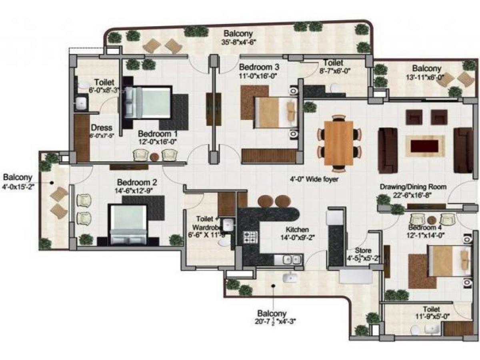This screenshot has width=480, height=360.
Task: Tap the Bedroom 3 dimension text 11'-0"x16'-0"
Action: pyautogui.click(x=258, y=75)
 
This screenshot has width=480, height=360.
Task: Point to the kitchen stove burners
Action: pyautogui.click(x=250, y=236)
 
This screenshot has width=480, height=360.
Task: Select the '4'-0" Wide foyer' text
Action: pyautogui.click(x=315, y=180)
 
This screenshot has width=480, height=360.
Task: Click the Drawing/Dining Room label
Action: pyautogui.click(x=413, y=187)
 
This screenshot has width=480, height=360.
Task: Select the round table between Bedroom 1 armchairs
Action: pyautogui.click(x=155, y=156)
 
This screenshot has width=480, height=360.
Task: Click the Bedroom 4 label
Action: pyautogui.click(x=425, y=227)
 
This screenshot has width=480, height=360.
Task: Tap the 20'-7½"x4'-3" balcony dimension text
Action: pyautogui.click(x=272, y=321)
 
